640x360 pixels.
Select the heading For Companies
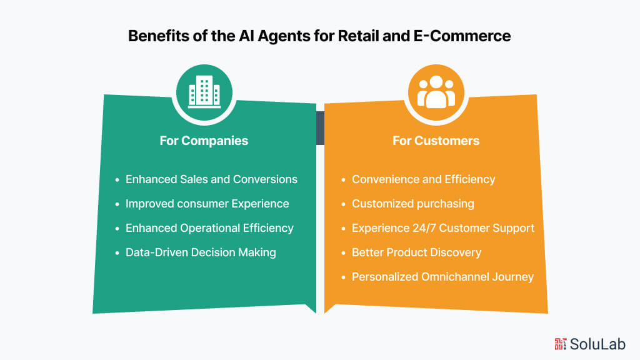point(204,141)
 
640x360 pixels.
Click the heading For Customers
point(436,141)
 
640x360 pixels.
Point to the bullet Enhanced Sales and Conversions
point(211,179)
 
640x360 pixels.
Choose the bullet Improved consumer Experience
point(207,204)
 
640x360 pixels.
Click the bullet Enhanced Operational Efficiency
point(209,228)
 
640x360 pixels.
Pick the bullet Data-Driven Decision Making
point(201,252)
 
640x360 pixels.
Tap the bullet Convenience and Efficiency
point(423,179)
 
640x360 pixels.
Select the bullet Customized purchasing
point(413,204)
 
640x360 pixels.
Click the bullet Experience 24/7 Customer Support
point(443,228)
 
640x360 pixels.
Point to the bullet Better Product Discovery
point(416,252)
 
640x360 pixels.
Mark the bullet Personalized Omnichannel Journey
point(442,277)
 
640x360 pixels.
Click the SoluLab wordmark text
point(597,343)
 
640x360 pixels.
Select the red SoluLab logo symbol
point(560,343)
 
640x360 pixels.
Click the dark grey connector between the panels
point(320,128)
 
